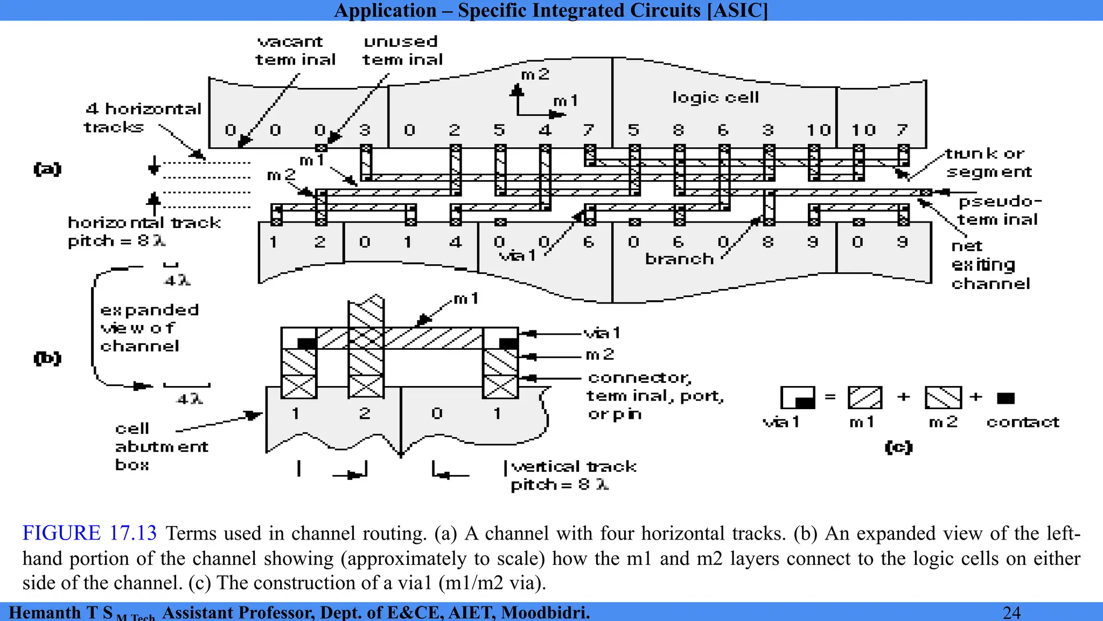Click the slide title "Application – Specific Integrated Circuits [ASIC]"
[x=551, y=10]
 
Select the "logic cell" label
[x=715, y=97]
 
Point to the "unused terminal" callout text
[x=402, y=51]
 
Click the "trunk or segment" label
[x=988, y=163]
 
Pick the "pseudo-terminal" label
[x=999, y=210]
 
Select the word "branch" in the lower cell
[x=679, y=259]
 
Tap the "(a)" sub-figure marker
[x=47, y=169]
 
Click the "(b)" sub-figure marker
[x=47, y=358]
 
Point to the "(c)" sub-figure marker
[x=898, y=447]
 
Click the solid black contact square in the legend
[x=1006, y=398]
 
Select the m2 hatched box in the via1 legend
[x=943, y=398]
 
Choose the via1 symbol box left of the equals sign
[x=798, y=398]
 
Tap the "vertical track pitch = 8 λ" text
[x=573, y=475]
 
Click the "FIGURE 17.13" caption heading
[x=89, y=533]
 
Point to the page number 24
[x=1011, y=612]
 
